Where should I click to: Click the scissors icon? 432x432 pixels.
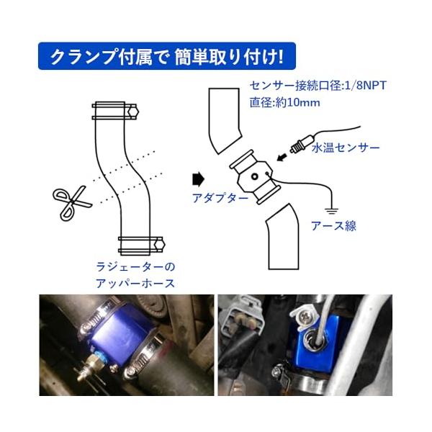point(72,202)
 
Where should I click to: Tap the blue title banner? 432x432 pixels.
point(167,56)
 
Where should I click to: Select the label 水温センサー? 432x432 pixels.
point(346,148)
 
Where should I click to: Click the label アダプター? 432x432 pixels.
point(220,198)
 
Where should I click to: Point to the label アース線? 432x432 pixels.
point(333,226)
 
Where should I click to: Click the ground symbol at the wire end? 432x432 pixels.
point(332,212)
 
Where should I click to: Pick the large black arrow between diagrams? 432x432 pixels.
point(198,179)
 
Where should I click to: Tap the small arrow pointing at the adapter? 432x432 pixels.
point(282,158)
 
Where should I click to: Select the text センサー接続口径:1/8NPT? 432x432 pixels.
point(318,86)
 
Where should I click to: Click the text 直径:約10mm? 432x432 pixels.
point(285,103)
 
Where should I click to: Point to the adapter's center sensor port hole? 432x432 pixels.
point(255,176)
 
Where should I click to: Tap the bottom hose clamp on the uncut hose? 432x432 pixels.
point(141,244)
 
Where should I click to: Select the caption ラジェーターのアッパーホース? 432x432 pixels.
point(135,275)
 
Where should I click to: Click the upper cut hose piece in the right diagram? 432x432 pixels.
point(224,119)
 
